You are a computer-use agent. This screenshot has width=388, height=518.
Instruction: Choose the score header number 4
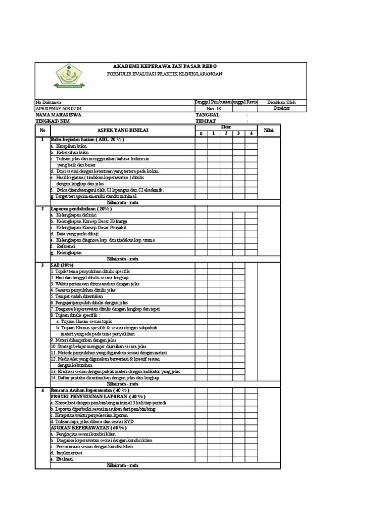point(251,134)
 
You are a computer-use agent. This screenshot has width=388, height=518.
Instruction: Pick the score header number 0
point(201,134)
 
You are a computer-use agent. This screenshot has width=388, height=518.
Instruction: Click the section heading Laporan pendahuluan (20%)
point(81,208)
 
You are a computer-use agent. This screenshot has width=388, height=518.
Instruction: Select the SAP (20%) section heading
point(62,265)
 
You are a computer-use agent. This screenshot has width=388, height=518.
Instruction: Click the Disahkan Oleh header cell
point(281,102)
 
